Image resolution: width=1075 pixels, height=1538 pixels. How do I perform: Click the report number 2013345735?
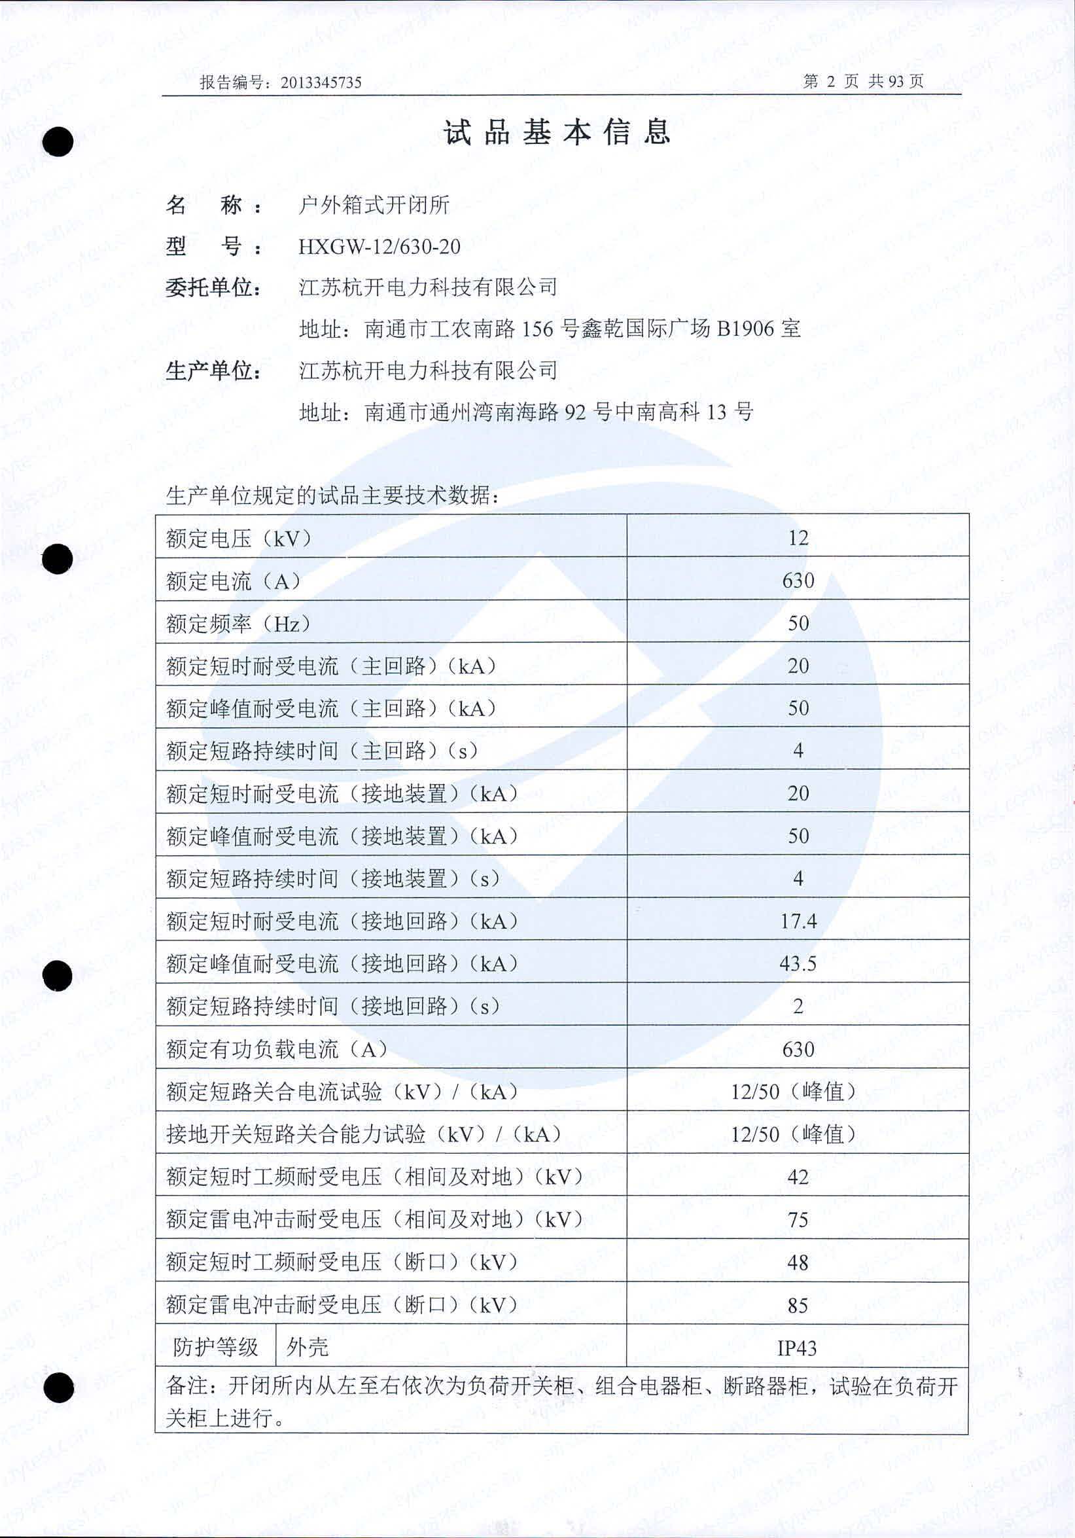321,82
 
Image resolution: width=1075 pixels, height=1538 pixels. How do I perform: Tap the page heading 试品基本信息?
557,132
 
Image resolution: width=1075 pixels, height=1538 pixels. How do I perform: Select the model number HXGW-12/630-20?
379,247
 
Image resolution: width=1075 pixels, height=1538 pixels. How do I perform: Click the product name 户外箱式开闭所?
374,205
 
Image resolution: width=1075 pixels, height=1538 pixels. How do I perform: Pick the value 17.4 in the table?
798,921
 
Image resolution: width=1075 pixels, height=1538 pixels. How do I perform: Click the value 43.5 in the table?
798,964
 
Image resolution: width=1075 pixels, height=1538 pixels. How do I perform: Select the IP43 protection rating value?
796,1348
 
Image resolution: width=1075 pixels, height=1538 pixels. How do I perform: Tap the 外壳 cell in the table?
308,1348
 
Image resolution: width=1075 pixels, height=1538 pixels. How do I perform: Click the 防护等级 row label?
216,1348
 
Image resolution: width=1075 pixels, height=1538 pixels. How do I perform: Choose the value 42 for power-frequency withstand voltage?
798,1177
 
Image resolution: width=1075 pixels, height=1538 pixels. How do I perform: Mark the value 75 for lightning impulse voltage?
798,1220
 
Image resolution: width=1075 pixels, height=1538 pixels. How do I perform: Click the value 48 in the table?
798,1262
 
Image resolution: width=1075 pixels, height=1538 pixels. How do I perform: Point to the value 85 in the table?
798,1306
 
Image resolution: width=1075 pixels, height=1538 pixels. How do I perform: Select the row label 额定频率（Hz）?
238,624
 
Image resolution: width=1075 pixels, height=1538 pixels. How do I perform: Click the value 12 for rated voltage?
798,538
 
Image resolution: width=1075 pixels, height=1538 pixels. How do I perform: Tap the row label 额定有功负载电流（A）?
277,1050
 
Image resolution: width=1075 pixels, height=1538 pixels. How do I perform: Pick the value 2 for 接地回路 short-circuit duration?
798,1007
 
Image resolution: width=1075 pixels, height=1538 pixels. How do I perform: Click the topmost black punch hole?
58,142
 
